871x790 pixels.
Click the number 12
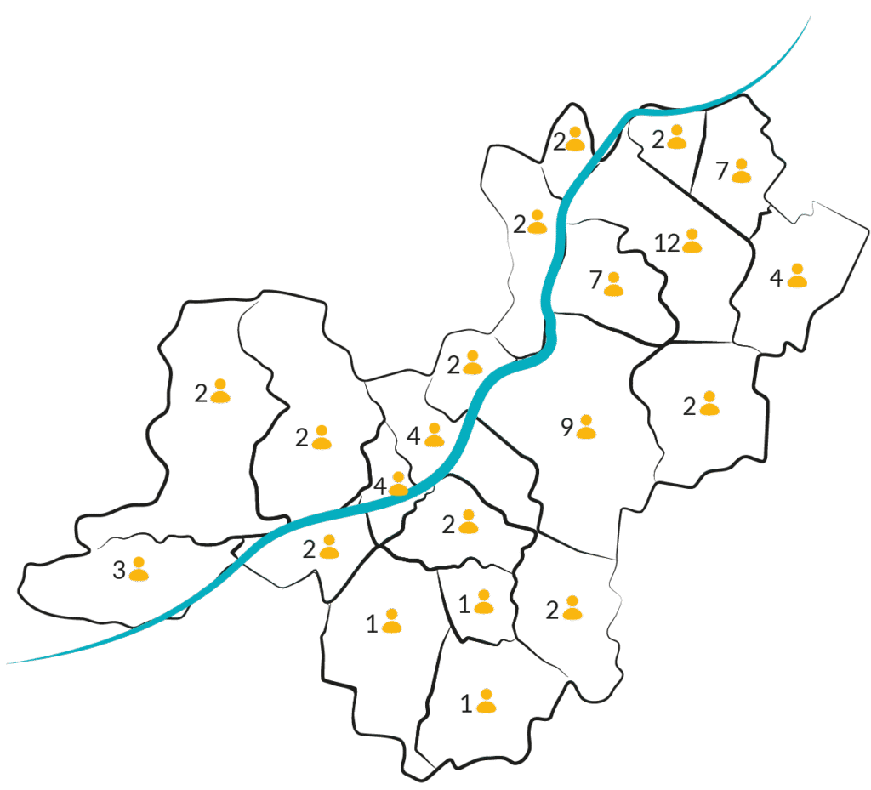[x=667, y=243]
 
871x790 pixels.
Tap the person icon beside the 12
[x=692, y=241]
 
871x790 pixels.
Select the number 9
[x=566, y=427]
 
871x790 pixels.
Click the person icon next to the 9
[x=586, y=426]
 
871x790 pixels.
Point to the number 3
[x=119, y=570]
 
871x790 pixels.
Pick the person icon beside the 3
[x=139, y=569]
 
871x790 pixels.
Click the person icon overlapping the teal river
[x=398, y=484]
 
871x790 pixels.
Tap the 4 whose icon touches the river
[x=380, y=486]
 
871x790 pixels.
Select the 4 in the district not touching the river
[x=776, y=277]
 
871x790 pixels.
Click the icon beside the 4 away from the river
[x=797, y=276]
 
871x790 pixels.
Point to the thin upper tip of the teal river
[x=811, y=16]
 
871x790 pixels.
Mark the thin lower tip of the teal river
[x=8, y=662]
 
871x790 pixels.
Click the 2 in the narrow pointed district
[x=560, y=141]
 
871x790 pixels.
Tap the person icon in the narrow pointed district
[x=576, y=139]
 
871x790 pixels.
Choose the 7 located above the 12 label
[x=721, y=171]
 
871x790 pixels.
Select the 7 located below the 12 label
[x=595, y=281]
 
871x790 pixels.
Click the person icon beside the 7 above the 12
[x=741, y=170]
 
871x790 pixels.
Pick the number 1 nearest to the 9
[x=464, y=605]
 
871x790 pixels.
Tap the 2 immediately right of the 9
[x=689, y=406]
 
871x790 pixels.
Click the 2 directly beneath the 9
[x=552, y=611]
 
